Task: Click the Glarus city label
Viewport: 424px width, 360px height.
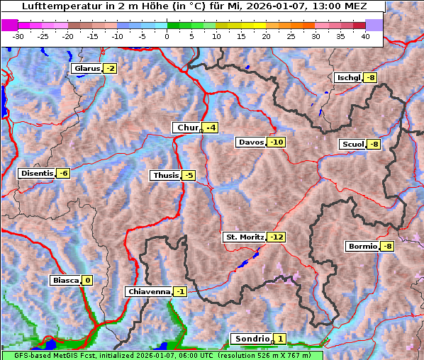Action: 86,69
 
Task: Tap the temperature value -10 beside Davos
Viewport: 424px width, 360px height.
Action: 277,142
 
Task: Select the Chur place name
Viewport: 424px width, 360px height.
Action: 187,128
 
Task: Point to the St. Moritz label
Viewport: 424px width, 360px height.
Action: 244,237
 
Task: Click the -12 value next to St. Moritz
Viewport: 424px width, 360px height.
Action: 276,237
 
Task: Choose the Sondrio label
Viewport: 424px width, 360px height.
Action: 251,339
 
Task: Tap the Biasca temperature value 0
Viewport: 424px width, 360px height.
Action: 87,281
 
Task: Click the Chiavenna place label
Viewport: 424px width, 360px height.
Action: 148,291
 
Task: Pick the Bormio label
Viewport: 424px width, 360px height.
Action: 362,247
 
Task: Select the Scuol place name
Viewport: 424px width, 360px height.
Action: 352,145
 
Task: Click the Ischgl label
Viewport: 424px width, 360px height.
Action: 348,78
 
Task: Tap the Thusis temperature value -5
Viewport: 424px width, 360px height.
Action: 188,176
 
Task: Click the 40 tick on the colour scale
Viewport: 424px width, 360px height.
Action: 365,36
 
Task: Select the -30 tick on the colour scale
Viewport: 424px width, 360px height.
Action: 18,36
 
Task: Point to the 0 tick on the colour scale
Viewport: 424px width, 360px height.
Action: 167,36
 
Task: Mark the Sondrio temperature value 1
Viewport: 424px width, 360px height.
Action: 280,339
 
